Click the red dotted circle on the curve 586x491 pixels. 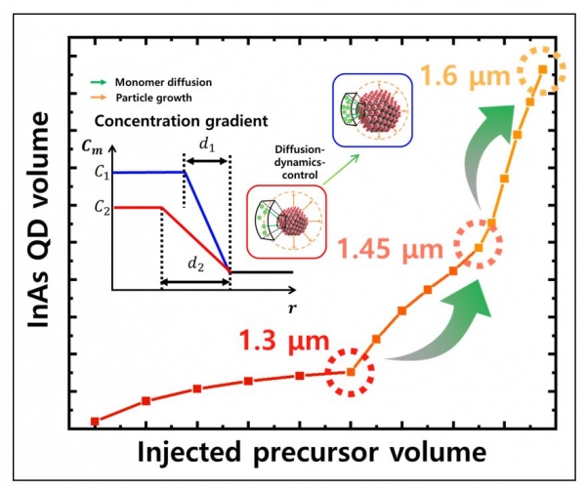coord(351,371)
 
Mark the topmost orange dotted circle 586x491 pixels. coord(540,69)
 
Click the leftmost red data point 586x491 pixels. coord(95,421)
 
